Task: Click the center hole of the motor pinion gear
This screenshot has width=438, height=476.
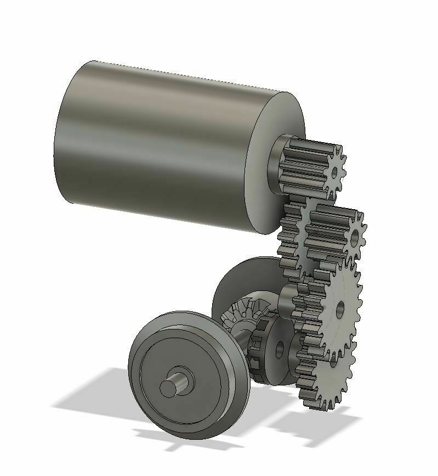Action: pyautogui.click(x=335, y=172)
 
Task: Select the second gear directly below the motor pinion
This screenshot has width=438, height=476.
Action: pyautogui.click(x=329, y=231)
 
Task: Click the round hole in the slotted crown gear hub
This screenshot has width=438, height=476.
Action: pyautogui.click(x=280, y=347)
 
